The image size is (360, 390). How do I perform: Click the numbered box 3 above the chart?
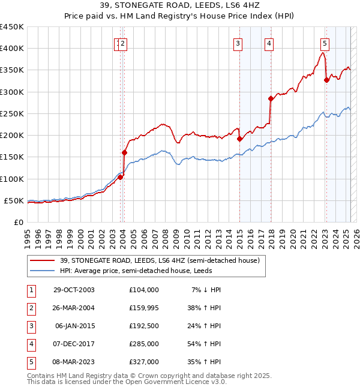[238, 43]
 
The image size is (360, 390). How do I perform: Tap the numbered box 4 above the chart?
[269, 43]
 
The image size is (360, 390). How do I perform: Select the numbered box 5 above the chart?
[325, 43]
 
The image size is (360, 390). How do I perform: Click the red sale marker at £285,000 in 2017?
[271, 98]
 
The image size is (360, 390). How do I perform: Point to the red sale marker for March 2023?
[326, 80]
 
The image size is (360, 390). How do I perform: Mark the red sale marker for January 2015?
[239, 139]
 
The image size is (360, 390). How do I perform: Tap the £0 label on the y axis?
[18, 222]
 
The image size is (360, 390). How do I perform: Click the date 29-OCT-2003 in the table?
[74, 290]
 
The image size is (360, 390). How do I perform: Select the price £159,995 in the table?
[143, 308]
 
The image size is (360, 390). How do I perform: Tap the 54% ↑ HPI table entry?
[204, 344]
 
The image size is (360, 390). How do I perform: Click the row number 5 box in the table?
[30, 362]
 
